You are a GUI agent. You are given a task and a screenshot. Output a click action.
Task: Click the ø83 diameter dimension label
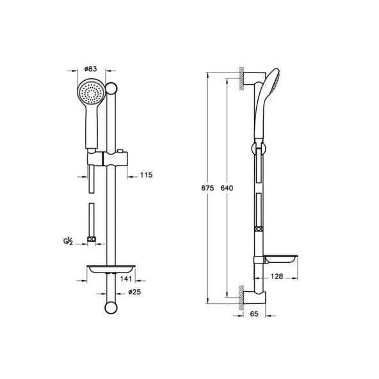(90, 69)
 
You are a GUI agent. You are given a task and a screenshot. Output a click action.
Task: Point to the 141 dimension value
(126, 280)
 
